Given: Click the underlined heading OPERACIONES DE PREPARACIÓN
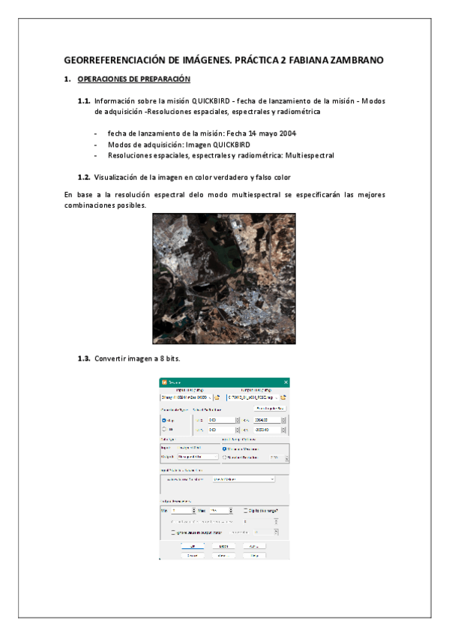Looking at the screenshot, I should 133,79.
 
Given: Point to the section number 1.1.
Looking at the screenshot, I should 84,100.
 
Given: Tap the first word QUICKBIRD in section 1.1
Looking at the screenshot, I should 212,100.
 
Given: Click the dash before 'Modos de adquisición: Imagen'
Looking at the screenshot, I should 95,144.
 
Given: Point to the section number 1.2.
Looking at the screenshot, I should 84,177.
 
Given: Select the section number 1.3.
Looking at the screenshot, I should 84,358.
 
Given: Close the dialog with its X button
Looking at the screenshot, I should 286,382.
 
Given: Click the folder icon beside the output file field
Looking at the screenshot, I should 284,397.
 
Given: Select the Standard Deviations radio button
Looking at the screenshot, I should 225,457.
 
